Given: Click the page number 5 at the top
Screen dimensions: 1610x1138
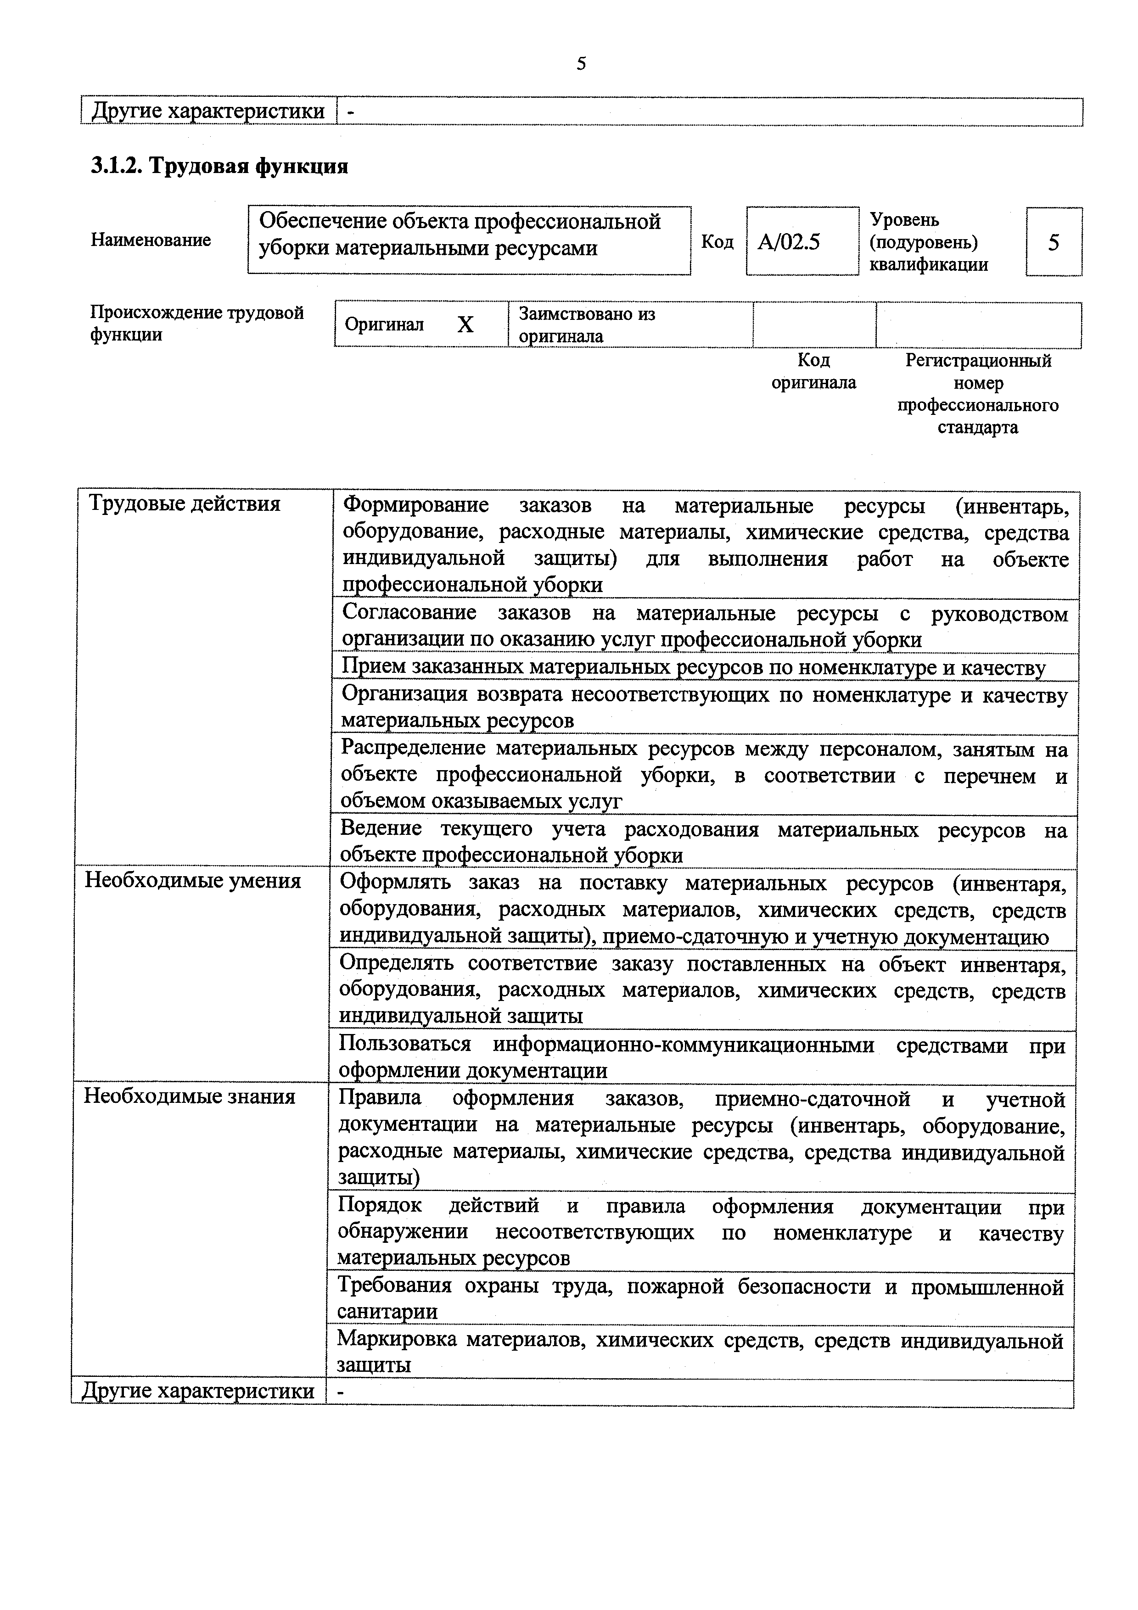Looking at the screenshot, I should point(581,64).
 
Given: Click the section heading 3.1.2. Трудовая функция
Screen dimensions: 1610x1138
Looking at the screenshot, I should point(219,166).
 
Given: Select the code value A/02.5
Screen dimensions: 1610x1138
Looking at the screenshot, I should point(789,242).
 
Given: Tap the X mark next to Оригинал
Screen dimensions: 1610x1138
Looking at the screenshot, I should point(465,324).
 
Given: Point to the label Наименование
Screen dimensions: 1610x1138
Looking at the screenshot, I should point(151,240).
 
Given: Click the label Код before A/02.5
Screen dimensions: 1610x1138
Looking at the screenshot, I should point(718,242).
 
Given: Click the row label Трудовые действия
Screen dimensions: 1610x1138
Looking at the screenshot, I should point(185,503).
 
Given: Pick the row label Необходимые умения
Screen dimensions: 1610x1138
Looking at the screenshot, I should point(193,880).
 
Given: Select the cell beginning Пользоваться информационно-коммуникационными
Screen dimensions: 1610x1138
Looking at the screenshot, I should point(701,1057).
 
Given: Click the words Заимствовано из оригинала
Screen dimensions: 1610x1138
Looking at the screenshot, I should point(586,324).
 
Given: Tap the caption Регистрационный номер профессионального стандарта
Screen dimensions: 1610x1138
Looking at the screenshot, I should point(978,393).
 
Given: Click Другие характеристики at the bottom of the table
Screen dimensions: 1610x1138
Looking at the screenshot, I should point(198,1391).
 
